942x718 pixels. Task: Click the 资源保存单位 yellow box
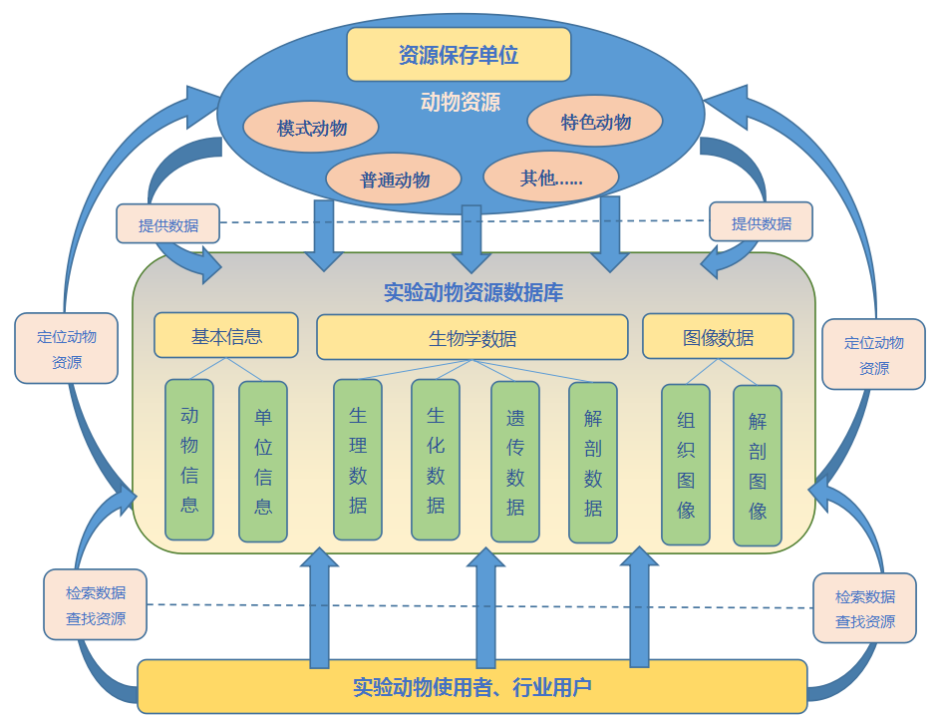coord(459,54)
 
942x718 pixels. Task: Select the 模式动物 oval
coord(311,128)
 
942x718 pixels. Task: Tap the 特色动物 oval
coord(595,122)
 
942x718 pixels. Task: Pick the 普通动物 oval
coord(394,179)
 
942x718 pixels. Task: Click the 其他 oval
coord(550,178)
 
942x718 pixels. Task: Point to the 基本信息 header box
coord(226,335)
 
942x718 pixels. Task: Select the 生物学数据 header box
coord(471,337)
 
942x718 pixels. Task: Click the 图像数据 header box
coord(718,336)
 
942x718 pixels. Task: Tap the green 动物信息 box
coord(189,460)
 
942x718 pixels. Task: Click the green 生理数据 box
coord(358,460)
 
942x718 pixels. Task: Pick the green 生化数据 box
coord(436,460)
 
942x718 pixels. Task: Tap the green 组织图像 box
coord(686,465)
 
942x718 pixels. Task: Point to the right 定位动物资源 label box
coord(874,355)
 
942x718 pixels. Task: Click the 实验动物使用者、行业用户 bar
coord(471,686)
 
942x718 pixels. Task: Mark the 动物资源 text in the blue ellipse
coord(460,102)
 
